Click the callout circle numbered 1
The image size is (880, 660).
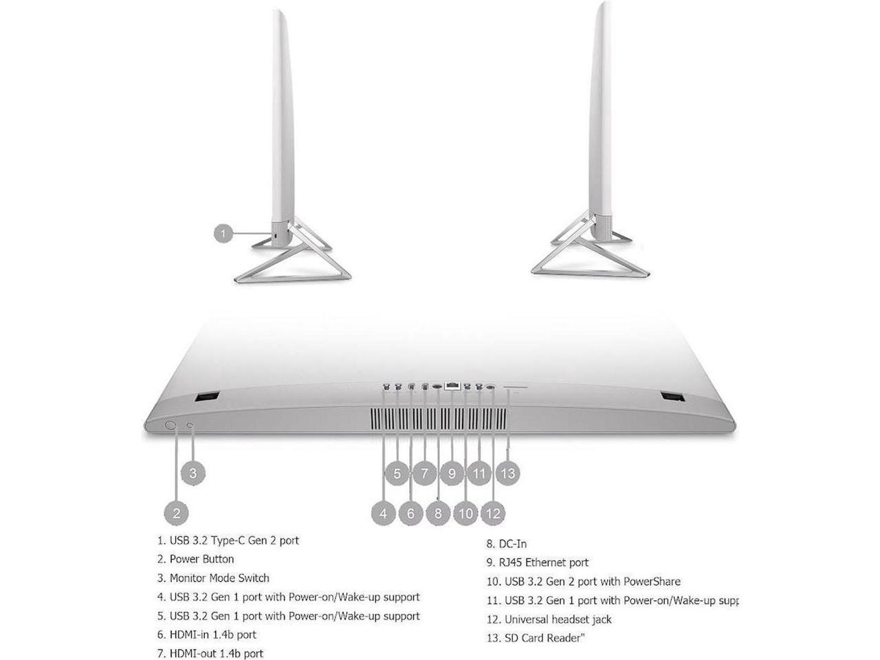[x=223, y=234]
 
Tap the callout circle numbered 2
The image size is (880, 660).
[x=177, y=512]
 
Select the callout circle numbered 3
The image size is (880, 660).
[x=193, y=473]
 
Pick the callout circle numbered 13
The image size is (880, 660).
[x=508, y=473]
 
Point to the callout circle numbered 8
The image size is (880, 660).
[x=438, y=512]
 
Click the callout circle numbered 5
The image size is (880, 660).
[x=397, y=473]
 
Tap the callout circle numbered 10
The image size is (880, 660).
[x=466, y=512]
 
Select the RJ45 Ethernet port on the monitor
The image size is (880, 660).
[x=452, y=387]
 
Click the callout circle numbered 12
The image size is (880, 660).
[x=494, y=512]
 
